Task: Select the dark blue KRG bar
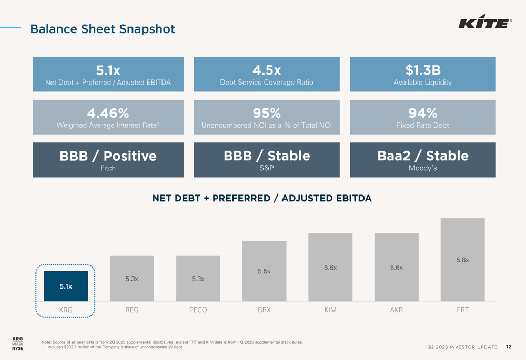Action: click(66, 286)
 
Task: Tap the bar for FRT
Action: click(462, 260)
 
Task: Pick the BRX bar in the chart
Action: click(264, 271)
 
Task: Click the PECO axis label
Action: click(198, 310)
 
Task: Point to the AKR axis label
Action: click(396, 310)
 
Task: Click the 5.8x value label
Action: click(462, 260)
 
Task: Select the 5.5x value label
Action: click(264, 271)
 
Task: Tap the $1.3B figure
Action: click(422, 70)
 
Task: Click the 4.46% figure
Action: click(108, 113)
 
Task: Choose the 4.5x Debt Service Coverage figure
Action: click(267, 70)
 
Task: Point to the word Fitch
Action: click(108, 168)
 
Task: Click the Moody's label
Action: click(422, 168)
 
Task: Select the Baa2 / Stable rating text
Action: click(422, 156)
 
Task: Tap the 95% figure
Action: click(267, 113)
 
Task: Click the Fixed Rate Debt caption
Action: click(422, 125)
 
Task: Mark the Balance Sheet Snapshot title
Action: click(103, 29)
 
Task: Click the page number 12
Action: click(509, 347)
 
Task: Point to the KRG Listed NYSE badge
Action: click(17, 343)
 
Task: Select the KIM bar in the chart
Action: click(330, 267)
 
